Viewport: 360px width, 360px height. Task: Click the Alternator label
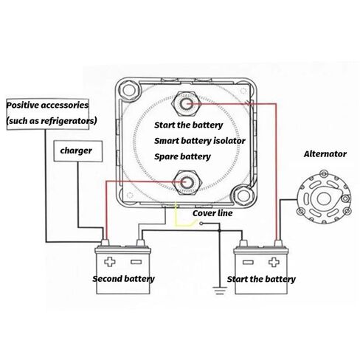point(325,154)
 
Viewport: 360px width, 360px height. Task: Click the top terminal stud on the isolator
point(187,104)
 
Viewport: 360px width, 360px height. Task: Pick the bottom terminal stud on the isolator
point(187,182)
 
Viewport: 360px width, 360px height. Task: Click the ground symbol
point(220,290)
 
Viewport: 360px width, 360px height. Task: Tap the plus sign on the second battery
point(110,262)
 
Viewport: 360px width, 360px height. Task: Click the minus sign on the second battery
point(136,262)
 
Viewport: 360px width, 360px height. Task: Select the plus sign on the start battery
point(274,262)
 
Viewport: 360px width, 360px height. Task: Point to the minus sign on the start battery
point(248,262)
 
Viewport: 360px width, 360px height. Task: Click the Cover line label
point(212,213)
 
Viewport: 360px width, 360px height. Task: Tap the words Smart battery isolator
point(200,141)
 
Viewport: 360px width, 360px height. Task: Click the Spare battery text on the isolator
point(182,157)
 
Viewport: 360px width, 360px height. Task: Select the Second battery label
point(123,279)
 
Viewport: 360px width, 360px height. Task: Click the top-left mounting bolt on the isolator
point(129,91)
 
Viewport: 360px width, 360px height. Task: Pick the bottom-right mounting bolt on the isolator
point(244,196)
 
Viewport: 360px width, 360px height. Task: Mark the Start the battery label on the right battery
point(261,280)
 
